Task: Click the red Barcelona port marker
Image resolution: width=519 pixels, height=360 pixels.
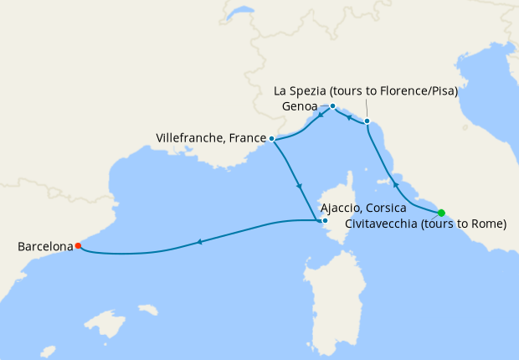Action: coord(78,246)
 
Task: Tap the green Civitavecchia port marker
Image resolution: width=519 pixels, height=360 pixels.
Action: coord(441,213)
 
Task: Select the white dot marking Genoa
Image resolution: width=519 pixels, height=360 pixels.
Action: coord(332,106)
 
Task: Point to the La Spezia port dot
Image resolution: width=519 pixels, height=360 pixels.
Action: coord(367,121)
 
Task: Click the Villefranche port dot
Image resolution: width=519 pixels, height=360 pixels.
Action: coord(272,138)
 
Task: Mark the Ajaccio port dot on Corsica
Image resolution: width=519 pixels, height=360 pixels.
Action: coord(325,221)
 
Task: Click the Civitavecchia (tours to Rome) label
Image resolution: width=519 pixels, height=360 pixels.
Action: coord(427,224)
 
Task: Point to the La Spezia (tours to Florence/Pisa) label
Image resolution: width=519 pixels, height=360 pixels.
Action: coord(366,91)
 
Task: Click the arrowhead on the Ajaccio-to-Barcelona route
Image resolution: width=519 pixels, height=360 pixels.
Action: coord(199,243)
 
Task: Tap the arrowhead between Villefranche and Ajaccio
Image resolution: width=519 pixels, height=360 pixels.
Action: coord(298,186)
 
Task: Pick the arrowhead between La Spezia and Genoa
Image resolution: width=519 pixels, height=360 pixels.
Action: coord(349,117)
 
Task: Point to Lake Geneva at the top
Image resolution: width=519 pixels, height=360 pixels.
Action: coord(240,14)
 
